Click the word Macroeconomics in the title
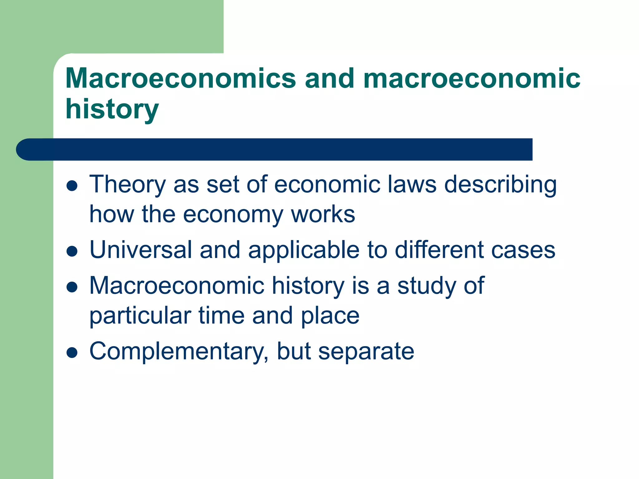(180, 79)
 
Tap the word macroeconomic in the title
(471, 79)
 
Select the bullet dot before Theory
(72, 186)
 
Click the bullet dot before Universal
(72, 251)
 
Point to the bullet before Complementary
(72, 353)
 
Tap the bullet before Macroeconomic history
(72, 287)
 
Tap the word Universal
(141, 250)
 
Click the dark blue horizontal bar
(275, 149)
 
